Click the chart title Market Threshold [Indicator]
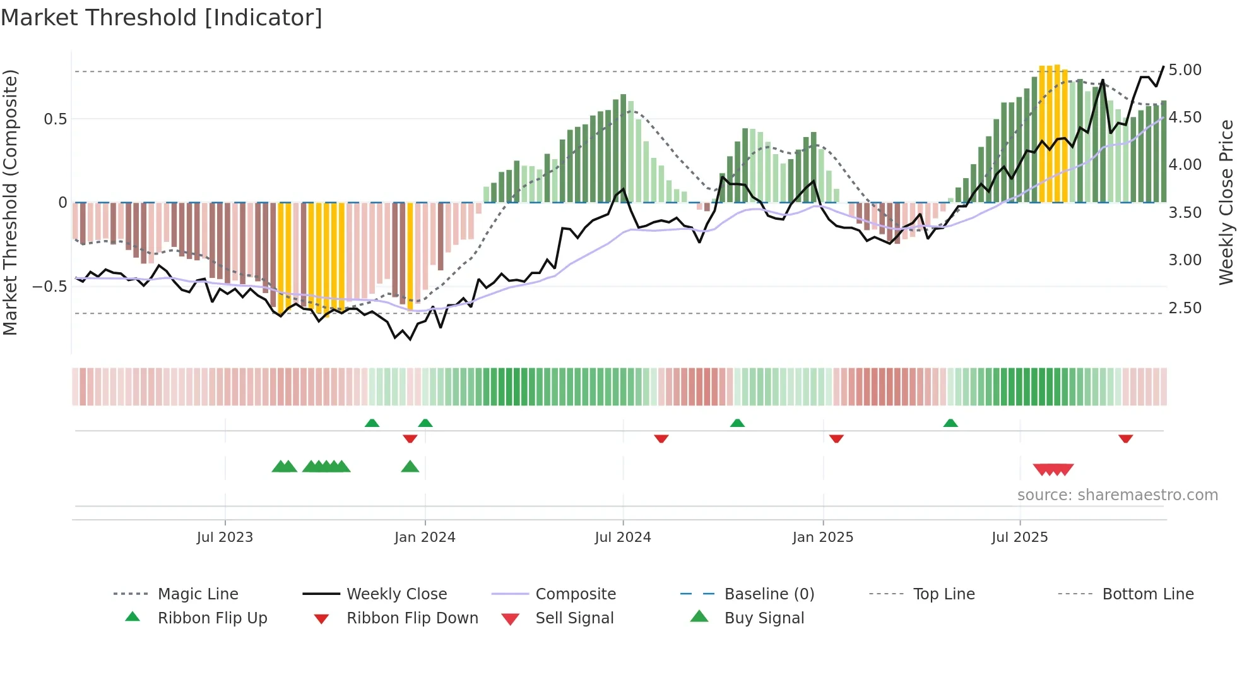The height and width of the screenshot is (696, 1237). click(162, 18)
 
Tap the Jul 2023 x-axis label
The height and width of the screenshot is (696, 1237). click(225, 537)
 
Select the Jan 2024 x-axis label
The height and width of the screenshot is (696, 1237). click(425, 537)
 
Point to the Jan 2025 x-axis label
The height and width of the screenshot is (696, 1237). click(822, 537)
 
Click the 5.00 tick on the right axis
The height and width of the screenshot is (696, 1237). click(1185, 70)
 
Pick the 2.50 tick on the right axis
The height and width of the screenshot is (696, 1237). click(1185, 308)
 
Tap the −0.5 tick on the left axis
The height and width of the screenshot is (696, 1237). click(49, 287)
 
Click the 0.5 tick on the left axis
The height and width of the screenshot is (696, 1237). click(55, 119)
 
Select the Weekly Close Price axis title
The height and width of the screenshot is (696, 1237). click(1226, 202)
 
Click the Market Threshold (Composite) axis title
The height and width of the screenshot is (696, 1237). click(10, 202)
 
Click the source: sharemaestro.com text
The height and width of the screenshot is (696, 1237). click(1117, 495)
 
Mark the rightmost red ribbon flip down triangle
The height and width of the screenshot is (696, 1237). click(1125, 438)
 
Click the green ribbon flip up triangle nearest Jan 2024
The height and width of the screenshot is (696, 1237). click(425, 423)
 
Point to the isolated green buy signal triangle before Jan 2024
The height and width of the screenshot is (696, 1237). click(410, 467)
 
